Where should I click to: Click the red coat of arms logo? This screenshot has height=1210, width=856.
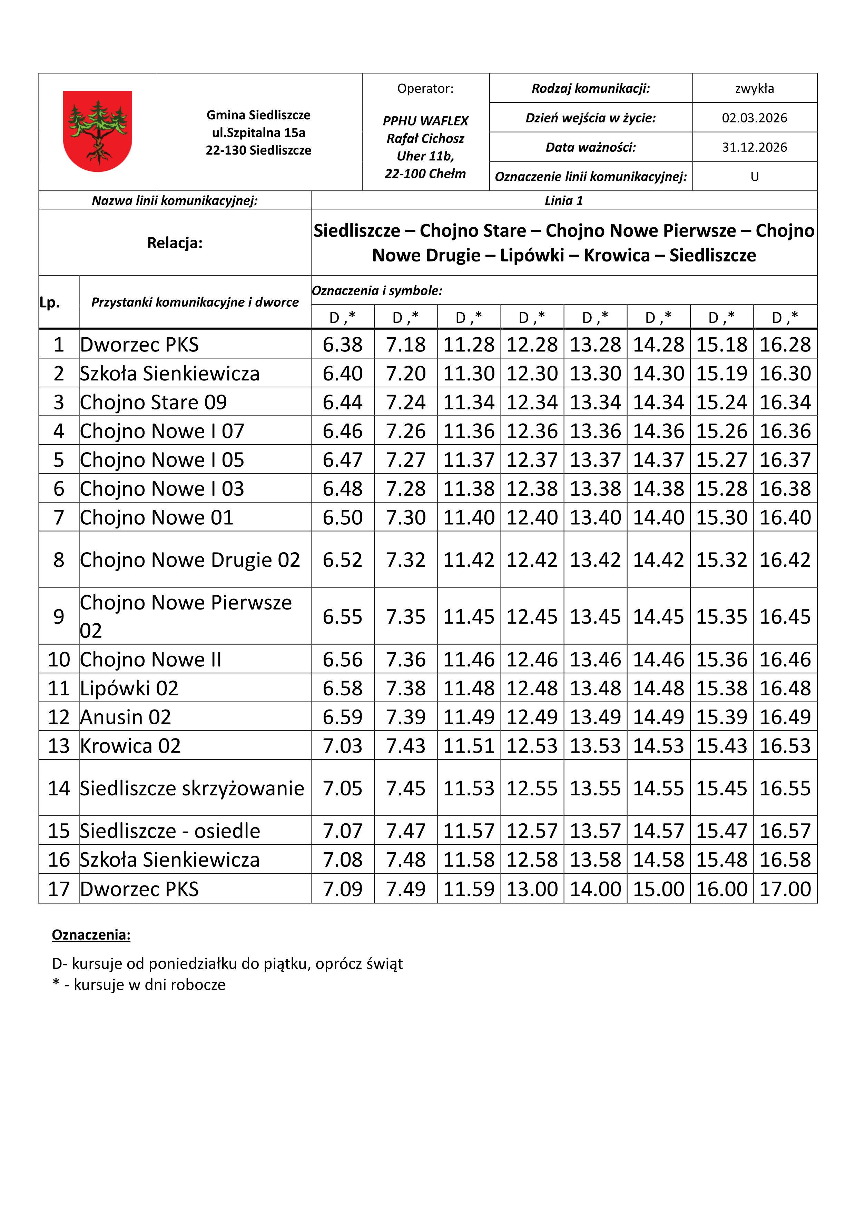(x=98, y=131)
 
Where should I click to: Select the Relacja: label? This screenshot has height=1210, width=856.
(x=175, y=243)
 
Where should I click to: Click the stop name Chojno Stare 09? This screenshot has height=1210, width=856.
(x=154, y=402)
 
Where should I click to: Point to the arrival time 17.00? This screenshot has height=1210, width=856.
(x=785, y=889)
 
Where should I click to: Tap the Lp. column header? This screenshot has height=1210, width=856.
(x=50, y=302)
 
